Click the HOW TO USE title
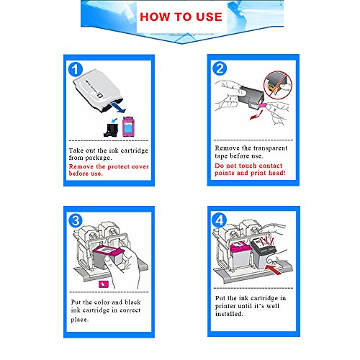181,17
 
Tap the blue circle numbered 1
76,70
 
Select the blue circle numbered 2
220,68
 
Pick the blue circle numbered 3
76,221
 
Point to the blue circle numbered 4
219,220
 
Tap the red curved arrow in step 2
256,115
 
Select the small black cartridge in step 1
111,130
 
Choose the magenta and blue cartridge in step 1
128,127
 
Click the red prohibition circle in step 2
278,85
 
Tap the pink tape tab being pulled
262,106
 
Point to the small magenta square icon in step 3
104,284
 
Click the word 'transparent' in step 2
269,148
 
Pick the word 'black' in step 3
132,302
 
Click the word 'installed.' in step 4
229,314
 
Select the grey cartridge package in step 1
98,91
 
